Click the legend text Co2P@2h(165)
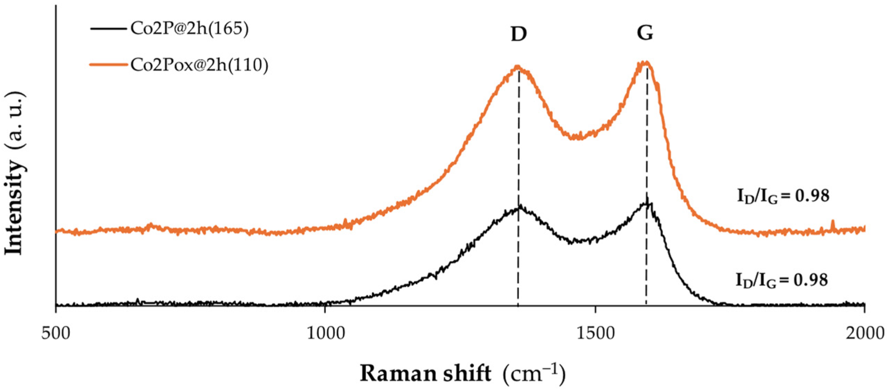pyautogui.click(x=189, y=29)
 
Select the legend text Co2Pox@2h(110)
pyautogui.click(x=199, y=65)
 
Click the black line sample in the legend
pyautogui.click(x=108, y=29)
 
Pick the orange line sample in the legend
pyautogui.click(x=108, y=65)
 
